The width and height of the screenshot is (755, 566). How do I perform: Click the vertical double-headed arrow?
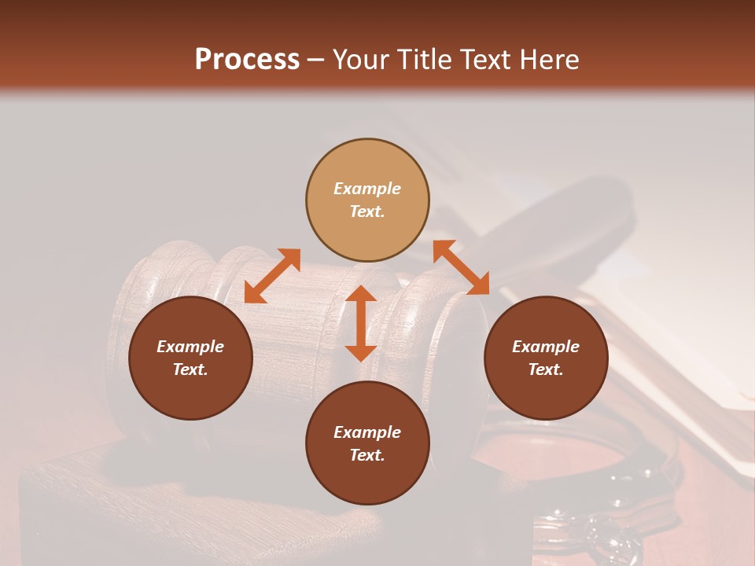coord(361,323)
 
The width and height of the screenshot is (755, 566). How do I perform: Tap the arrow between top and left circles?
coord(272,276)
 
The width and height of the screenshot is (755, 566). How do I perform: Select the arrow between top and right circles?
coord(462,267)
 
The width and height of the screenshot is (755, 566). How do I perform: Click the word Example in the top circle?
coord(367,189)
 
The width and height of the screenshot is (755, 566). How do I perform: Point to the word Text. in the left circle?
coord(190,369)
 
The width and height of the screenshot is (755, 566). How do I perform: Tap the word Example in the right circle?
coord(546,347)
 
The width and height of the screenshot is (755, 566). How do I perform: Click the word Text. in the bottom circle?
coord(367,455)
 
